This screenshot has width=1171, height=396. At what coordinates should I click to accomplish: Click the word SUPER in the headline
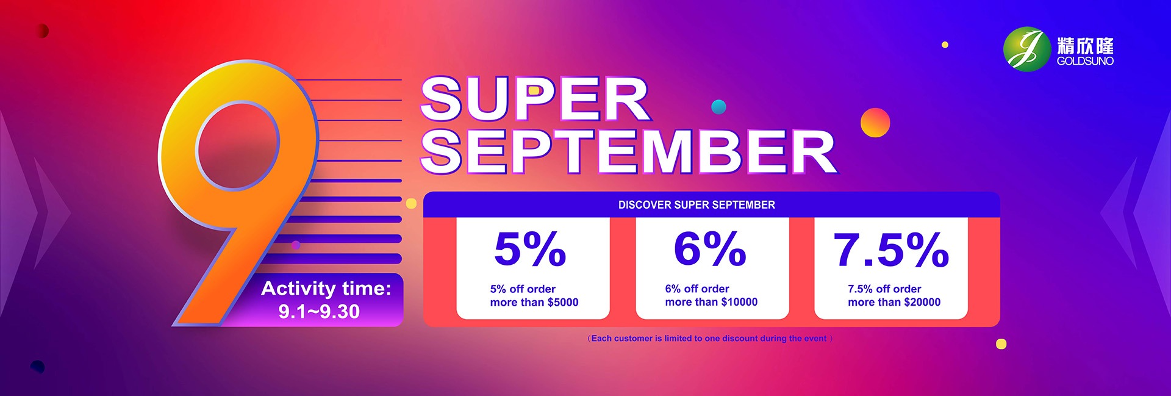(535, 99)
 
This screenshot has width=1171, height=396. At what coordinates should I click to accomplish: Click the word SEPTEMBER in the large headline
(629, 151)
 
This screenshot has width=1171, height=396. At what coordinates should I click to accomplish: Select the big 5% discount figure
(530, 249)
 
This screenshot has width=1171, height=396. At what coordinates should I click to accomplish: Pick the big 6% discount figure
(710, 249)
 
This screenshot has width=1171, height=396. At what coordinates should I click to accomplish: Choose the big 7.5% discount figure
(891, 250)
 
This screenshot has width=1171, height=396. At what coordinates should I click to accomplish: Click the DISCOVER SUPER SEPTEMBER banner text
(697, 205)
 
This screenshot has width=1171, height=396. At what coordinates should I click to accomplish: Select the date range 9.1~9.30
(319, 312)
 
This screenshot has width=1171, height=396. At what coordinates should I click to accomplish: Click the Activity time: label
(326, 288)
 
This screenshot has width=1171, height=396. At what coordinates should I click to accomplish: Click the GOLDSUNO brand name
(1085, 61)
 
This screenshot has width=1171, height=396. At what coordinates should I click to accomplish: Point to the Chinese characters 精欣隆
(1085, 46)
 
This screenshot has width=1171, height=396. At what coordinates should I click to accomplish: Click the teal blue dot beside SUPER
(719, 107)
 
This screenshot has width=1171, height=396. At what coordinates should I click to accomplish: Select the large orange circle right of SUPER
(875, 123)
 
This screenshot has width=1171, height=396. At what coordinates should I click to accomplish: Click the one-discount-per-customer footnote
(710, 338)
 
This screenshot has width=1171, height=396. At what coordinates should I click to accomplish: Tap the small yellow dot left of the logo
(945, 45)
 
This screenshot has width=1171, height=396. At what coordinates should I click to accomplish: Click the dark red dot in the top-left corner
(42, 31)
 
